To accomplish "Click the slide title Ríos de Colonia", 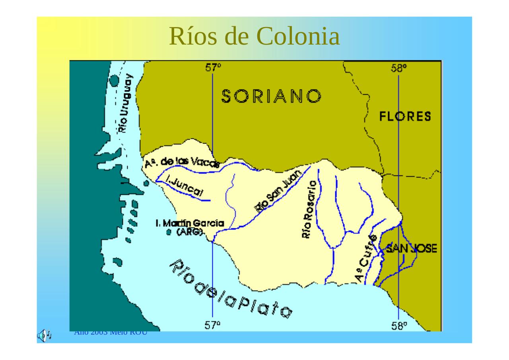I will tap(254, 36).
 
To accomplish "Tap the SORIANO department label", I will tap(271, 96).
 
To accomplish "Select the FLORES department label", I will tap(405, 117).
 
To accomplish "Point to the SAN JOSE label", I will tap(411, 249).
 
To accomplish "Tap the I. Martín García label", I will tap(190, 224).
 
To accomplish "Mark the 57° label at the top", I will tap(213, 68).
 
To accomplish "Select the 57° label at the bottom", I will tap(213, 325).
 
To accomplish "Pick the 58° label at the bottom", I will tap(399, 326).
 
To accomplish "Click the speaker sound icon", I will tap(44, 335).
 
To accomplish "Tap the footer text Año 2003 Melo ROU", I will tap(111, 333).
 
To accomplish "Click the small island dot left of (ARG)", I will tap(169, 232).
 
